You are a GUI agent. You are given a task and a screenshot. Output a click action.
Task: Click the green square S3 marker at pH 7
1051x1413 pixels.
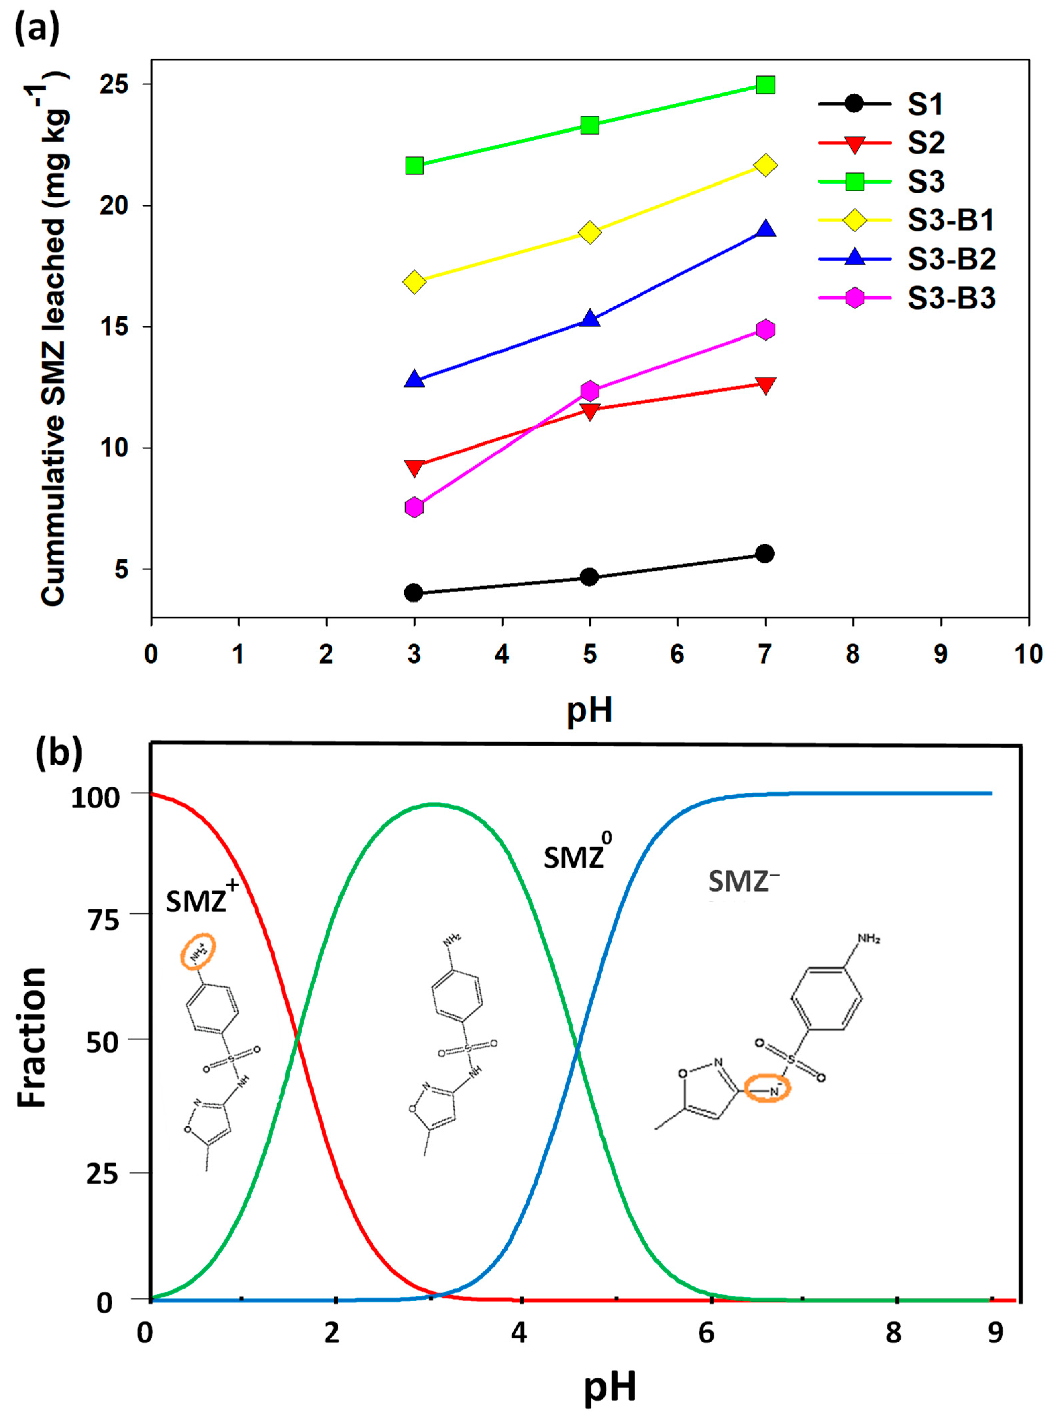click(765, 85)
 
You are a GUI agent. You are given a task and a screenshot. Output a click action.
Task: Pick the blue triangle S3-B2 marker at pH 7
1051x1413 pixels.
click(765, 230)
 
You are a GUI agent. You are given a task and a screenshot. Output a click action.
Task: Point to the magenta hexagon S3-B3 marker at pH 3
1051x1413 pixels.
click(414, 507)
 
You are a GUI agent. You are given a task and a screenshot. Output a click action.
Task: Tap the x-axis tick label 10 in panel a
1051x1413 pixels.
click(1028, 654)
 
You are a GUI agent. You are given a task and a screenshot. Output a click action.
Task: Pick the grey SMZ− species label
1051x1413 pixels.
click(743, 881)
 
